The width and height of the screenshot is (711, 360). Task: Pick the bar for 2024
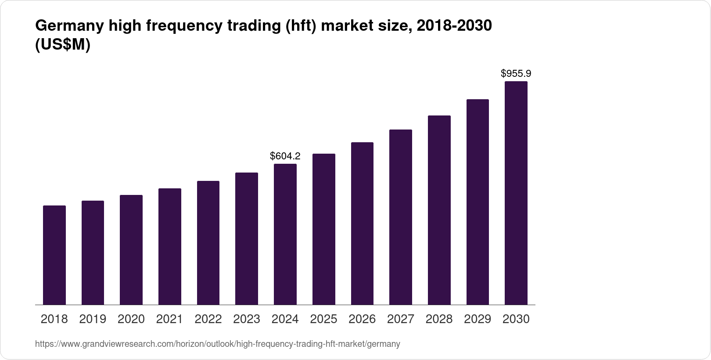coord(285,234)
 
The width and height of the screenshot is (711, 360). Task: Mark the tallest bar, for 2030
coord(516,193)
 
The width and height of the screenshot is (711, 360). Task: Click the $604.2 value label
coord(285,156)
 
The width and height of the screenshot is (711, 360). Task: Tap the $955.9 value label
coord(516,73)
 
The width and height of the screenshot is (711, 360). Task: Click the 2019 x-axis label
coord(93,319)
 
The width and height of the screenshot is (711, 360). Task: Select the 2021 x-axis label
coord(170,319)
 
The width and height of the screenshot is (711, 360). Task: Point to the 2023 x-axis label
coord(247,319)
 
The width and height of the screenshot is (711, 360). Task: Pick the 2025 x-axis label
coord(323,319)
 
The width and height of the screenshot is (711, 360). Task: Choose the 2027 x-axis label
coord(401,319)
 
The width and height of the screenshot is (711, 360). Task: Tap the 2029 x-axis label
coord(478,319)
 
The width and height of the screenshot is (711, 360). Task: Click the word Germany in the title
coord(68,26)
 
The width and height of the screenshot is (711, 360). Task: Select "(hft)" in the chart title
coord(301,26)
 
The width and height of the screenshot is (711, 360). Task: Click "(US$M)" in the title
coord(62,45)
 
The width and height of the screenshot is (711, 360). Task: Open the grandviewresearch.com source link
coord(217,344)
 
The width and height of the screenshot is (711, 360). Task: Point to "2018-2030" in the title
coord(454,26)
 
